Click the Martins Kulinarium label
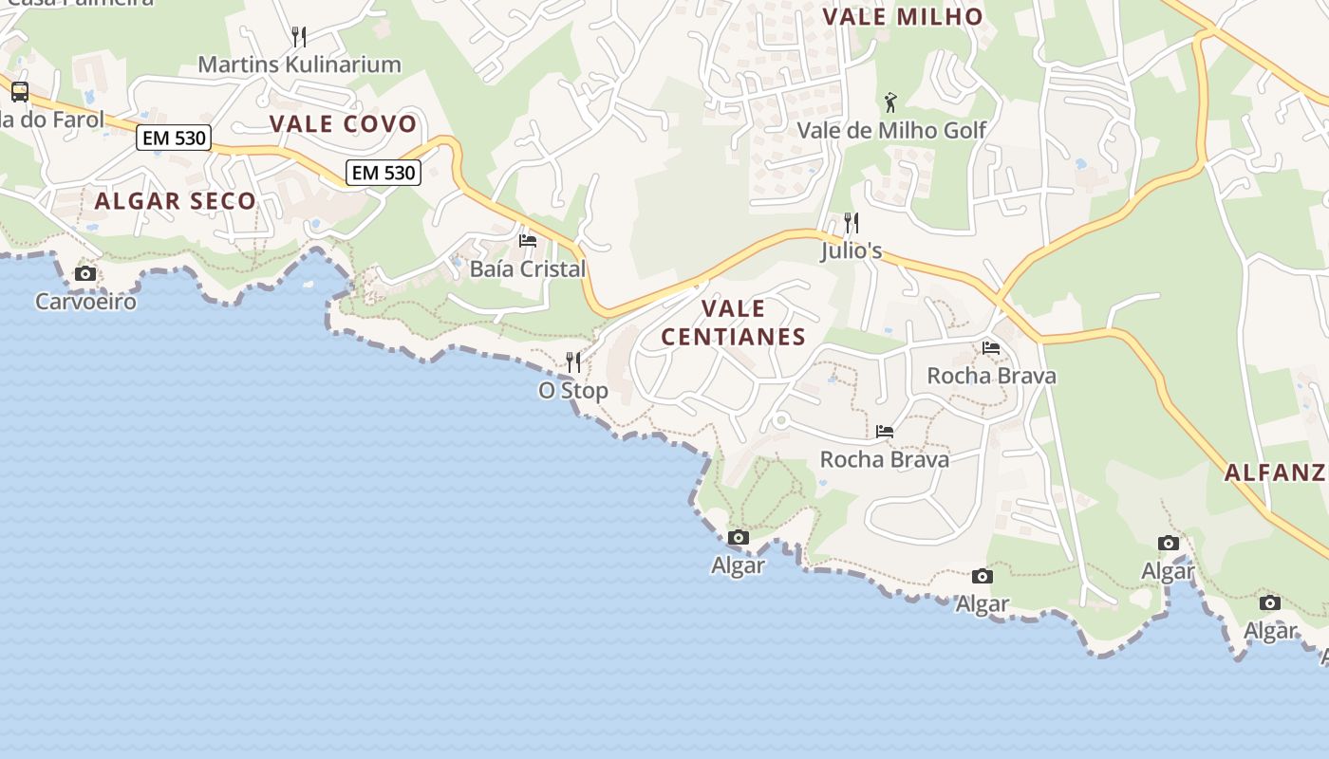(x=299, y=65)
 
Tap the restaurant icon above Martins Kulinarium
(x=299, y=37)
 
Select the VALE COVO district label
(x=343, y=123)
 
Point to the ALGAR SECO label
(x=176, y=200)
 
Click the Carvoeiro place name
(x=85, y=302)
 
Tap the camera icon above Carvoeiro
(x=84, y=274)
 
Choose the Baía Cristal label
(x=528, y=268)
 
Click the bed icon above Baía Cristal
(x=528, y=241)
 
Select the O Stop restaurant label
(x=573, y=390)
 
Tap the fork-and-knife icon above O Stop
(x=573, y=362)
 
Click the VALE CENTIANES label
(x=733, y=323)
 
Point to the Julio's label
(x=852, y=251)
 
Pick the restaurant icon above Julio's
(x=852, y=223)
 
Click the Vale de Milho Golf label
(x=891, y=130)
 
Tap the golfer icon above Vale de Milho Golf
(x=890, y=102)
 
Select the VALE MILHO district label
(x=903, y=16)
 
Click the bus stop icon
(x=20, y=92)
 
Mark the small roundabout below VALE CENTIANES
(x=781, y=419)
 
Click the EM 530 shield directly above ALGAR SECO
(x=174, y=138)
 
